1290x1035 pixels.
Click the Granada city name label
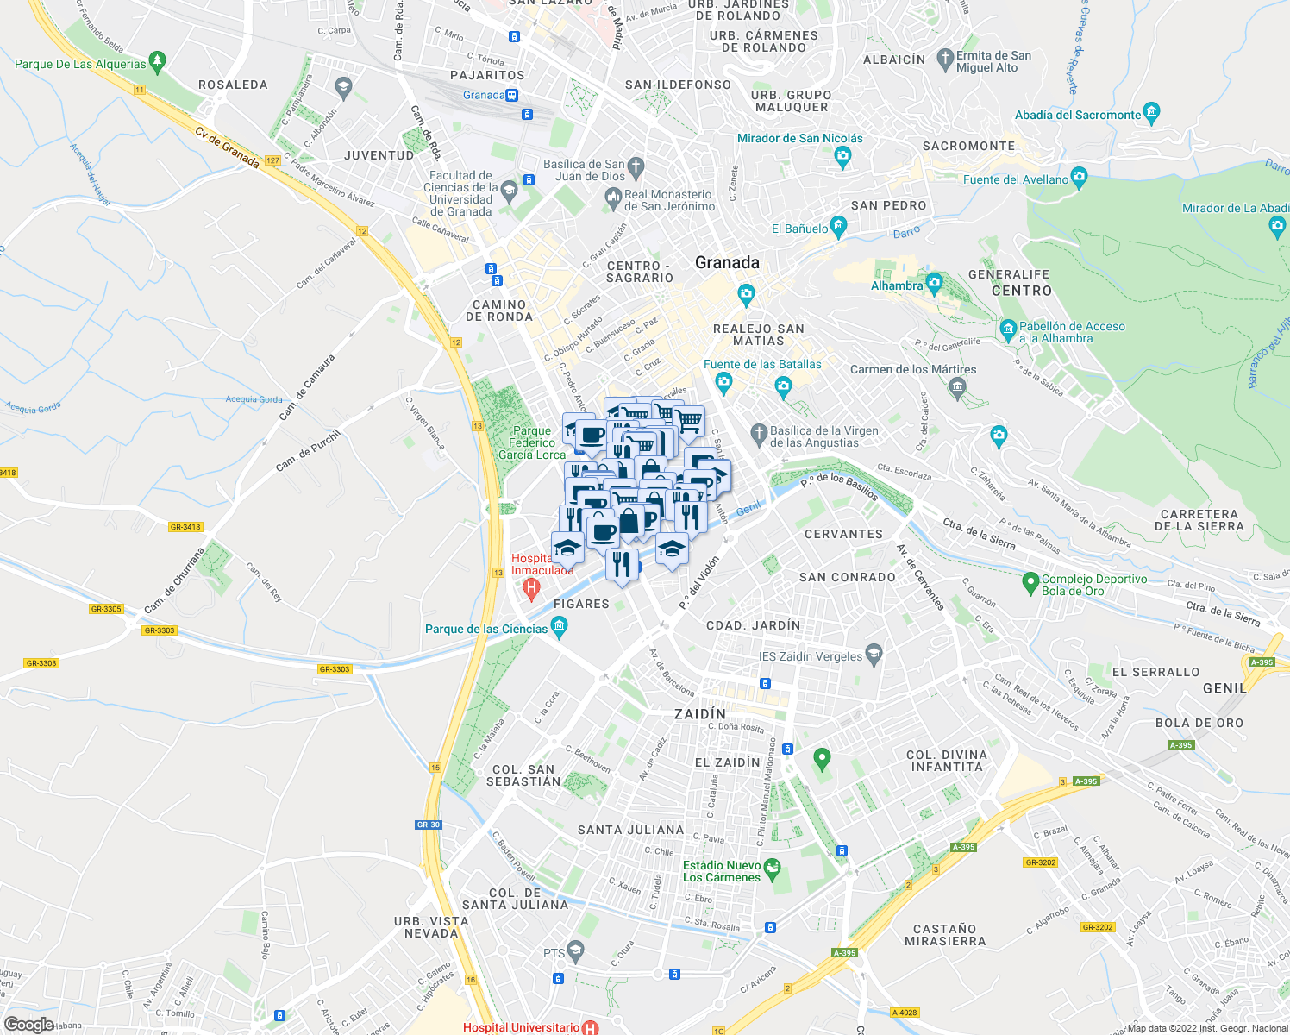(x=727, y=263)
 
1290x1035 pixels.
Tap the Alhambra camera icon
(x=935, y=284)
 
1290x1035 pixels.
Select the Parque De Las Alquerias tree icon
(x=157, y=62)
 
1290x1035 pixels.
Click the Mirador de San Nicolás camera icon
(x=842, y=156)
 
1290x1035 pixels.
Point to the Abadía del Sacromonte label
(x=1077, y=115)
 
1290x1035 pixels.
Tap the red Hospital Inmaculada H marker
(x=531, y=590)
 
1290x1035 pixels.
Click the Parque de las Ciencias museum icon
(x=559, y=629)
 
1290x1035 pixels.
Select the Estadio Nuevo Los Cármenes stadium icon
(x=772, y=869)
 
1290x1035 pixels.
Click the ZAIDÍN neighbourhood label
(x=700, y=714)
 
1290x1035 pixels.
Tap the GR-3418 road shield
(x=185, y=527)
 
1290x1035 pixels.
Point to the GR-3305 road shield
(x=106, y=609)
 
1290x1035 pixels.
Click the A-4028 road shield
(x=905, y=1013)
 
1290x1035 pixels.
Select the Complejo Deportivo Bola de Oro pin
(x=1030, y=584)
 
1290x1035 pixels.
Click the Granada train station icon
(x=512, y=95)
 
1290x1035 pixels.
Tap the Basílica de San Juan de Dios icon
(x=636, y=166)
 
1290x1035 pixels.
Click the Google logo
(x=28, y=1025)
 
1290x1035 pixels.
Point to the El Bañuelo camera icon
(x=839, y=228)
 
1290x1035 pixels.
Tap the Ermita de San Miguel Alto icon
(x=945, y=59)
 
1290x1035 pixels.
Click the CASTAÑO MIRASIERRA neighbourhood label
(x=945, y=935)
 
